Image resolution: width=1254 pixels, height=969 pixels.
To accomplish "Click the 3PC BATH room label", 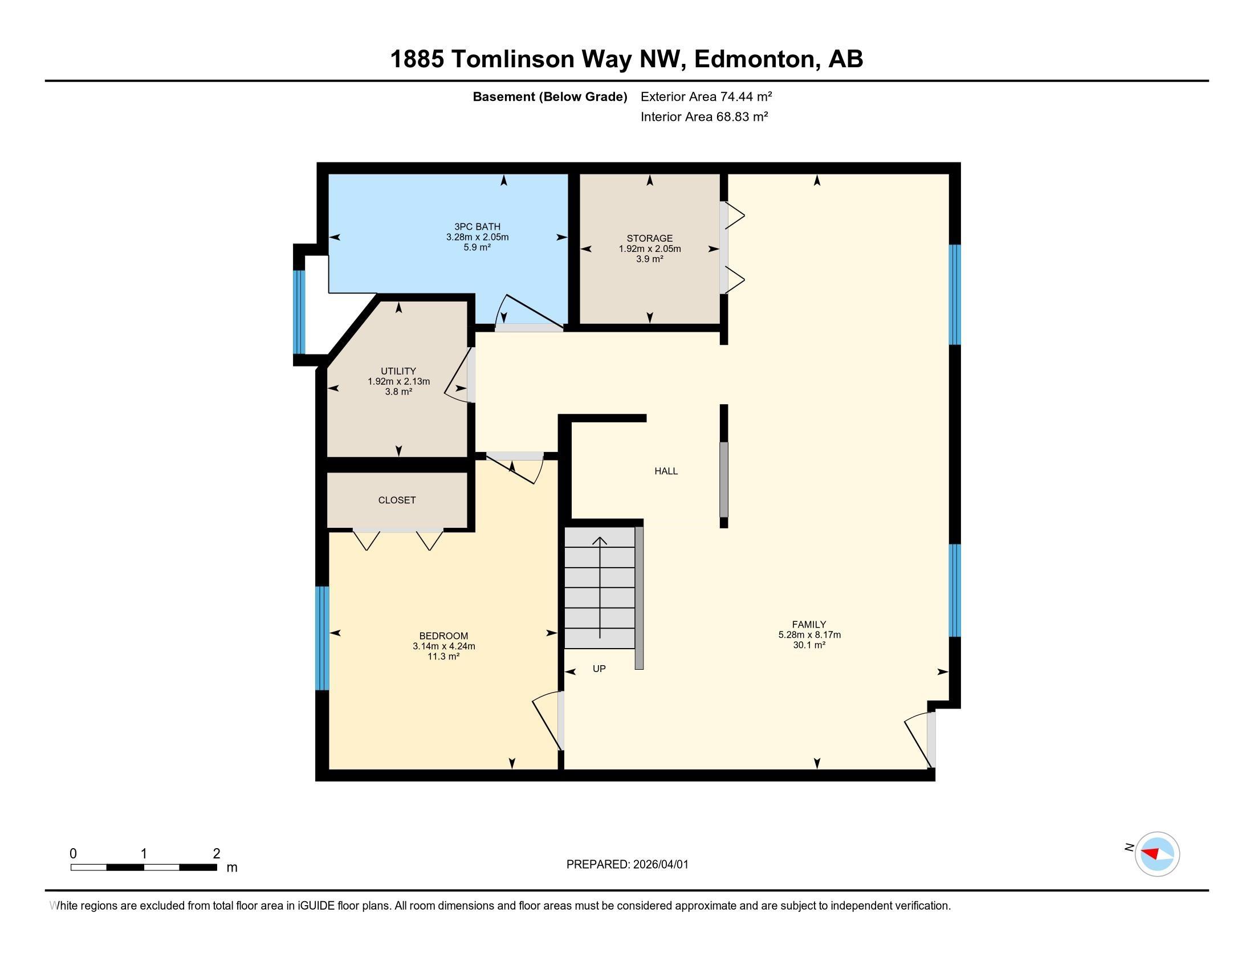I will point(477,227).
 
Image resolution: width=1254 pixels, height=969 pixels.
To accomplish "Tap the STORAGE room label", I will point(649,238).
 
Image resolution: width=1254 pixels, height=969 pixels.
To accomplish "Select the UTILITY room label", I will point(398,372).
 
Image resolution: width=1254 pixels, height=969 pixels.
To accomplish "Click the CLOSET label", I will point(397,500).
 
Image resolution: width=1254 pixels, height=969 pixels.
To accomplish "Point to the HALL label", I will point(666,471).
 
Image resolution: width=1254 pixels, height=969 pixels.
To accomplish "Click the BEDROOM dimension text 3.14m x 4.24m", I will point(443,646).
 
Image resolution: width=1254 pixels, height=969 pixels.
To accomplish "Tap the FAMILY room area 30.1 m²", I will point(809,645).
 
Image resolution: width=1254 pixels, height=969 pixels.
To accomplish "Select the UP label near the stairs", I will point(599,669).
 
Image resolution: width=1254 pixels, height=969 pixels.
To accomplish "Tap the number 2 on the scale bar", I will point(217,854).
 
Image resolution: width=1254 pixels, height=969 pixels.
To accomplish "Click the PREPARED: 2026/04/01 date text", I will point(627,865).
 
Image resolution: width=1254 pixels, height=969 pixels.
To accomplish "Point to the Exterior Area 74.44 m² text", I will point(706,96).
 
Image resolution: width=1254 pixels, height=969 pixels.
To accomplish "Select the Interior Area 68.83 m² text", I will point(704,117).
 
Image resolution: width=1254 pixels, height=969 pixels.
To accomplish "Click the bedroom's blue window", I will point(323,638).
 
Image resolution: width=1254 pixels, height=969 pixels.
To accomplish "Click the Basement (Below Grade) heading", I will point(549,96).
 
